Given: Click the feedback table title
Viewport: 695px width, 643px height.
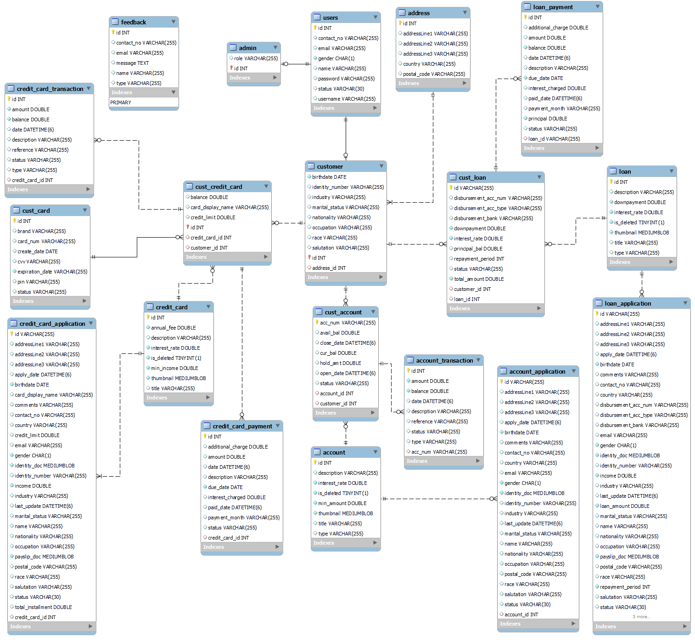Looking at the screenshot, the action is (x=133, y=22).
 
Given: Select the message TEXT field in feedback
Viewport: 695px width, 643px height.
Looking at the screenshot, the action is (x=132, y=63).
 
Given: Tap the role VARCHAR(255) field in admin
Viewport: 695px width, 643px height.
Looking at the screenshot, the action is (x=256, y=58).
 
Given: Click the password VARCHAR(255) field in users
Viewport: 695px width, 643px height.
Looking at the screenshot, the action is (x=346, y=79).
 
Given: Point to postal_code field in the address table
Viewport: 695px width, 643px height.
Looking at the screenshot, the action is (x=434, y=74).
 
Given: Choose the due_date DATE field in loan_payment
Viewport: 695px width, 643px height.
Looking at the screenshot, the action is (x=545, y=78).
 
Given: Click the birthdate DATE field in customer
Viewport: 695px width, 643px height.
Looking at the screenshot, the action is (x=329, y=177).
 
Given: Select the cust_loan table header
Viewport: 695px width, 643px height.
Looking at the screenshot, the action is (x=472, y=177).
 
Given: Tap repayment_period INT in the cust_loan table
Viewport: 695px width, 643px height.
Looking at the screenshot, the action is (x=479, y=259).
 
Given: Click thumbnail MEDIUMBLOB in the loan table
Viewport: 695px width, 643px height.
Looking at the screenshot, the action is (x=641, y=233).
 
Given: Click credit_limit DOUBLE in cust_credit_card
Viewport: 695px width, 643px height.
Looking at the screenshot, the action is (x=213, y=217).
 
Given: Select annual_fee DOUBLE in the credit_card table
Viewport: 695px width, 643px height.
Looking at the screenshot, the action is (x=173, y=328).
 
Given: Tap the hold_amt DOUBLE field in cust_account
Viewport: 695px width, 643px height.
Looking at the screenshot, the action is (x=340, y=363).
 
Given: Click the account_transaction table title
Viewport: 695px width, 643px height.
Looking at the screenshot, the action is (x=444, y=360).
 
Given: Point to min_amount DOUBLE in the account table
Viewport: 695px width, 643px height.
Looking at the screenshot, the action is (x=342, y=503).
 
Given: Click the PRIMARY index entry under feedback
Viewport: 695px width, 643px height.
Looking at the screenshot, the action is (x=121, y=102).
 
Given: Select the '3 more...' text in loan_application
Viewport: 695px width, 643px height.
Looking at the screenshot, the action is (x=641, y=617).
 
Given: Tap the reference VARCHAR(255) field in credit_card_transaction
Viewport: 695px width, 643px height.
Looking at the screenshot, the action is (x=40, y=150).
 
